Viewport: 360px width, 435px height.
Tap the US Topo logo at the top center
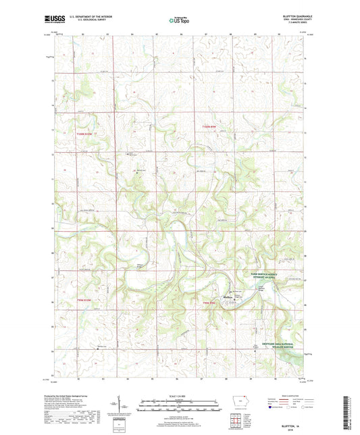point(179,20)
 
